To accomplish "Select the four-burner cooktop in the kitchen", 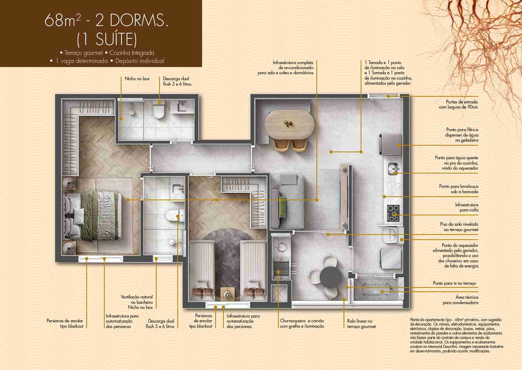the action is (393, 213).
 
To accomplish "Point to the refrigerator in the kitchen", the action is (391, 145).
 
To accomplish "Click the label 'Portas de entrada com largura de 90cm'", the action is (458, 104).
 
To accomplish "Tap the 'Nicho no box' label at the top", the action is (137, 79).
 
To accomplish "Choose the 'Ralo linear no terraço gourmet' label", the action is (361, 324).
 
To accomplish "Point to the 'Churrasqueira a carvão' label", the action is (302, 321).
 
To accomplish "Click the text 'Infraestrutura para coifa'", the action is (467, 207).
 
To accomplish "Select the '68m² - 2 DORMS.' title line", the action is (107, 20).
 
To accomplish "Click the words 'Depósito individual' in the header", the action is (140, 61).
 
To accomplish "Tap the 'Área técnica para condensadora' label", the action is (460, 300).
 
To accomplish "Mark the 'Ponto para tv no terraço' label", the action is (454, 283).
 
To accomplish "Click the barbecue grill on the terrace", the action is (281, 268).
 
